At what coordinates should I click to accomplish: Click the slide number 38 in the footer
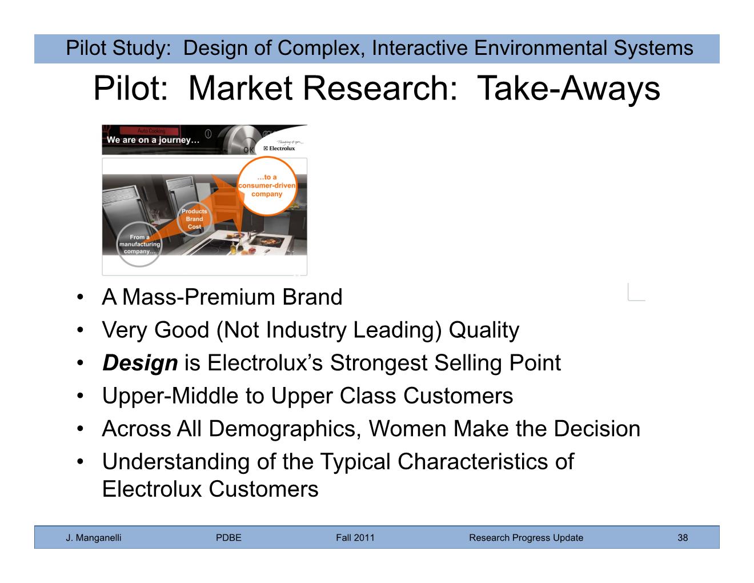682,537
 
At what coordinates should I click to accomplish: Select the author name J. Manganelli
94,538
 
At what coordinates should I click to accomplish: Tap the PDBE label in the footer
228,537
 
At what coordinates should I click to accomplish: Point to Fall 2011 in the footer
355,537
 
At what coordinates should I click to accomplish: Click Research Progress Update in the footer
526,538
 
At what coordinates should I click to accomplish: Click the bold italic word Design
140,364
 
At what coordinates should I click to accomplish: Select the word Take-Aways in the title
568,89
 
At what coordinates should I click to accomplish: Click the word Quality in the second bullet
484,330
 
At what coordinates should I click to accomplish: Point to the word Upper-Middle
170,396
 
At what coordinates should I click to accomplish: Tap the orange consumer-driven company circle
267,186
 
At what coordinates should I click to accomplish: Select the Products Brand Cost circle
194,219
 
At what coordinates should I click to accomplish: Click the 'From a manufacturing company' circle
139,244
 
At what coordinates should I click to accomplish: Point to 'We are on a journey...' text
153,140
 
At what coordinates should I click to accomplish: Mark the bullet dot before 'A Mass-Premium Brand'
80,297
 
